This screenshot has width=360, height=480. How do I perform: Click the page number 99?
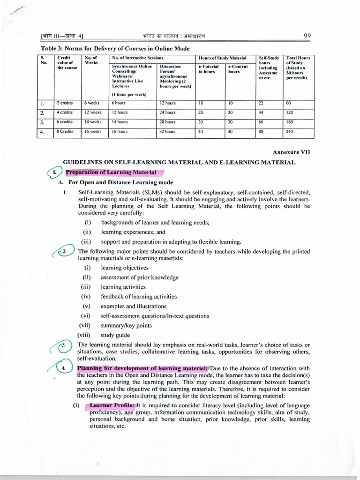pos(307,36)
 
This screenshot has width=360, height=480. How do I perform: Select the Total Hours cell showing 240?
pos(289,132)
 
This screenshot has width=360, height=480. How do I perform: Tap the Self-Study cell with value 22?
pos(261,103)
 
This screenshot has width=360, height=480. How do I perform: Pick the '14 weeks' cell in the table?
pos(93,122)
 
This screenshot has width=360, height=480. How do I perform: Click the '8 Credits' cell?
pos(65,132)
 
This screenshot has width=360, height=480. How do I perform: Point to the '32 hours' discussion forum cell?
pos(167,132)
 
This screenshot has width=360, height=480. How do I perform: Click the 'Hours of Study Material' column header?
pos(223,58)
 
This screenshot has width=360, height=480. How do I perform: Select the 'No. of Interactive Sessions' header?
pos(137,58)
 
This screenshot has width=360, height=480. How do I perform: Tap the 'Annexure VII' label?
pos(291,152)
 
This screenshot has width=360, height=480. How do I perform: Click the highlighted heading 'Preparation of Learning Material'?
pos(111,172)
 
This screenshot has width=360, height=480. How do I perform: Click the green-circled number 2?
pos(65,252)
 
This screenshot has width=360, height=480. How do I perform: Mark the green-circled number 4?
pos(64,368)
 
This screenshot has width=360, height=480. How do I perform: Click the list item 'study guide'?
pos(115,335)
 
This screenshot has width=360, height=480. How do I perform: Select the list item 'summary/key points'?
pos(126,325)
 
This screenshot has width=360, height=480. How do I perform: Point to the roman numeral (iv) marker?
pos(86,297)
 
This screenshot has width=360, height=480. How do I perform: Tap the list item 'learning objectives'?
pos(124,268)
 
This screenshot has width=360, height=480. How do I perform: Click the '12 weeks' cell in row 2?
pos(93,112)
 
